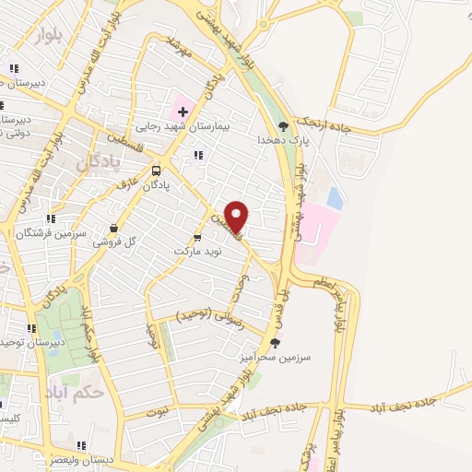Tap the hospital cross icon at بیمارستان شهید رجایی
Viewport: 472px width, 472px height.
183,112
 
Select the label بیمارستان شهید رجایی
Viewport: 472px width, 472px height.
183,127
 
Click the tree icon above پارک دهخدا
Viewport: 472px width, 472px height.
282,126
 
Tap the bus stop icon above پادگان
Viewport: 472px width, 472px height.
155,170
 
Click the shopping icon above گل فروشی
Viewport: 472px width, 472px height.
113,228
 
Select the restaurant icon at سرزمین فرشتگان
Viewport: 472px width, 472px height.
51,219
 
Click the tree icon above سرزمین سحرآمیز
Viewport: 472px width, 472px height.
275,342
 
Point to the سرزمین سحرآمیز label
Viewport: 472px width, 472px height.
287,356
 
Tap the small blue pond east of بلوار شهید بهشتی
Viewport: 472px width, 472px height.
334,197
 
